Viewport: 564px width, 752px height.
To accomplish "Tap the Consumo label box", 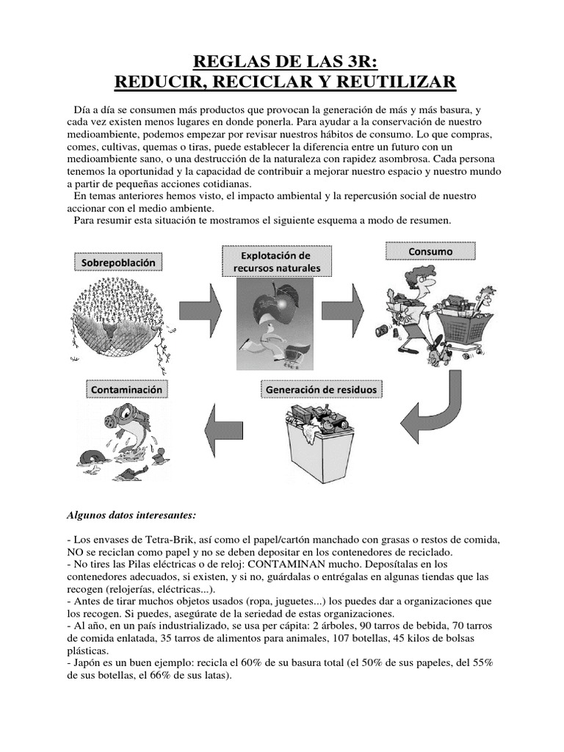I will click(x=431, y=252).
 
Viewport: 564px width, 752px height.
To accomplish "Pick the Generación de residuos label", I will click(x=324, y=388).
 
